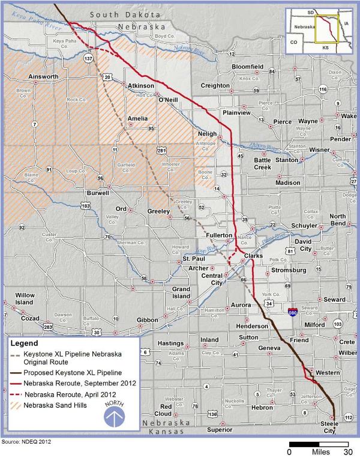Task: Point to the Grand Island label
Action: coord(181,293)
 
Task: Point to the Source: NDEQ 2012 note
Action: coord(26,442)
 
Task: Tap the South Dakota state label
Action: coord(124,13)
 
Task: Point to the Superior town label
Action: coord(219,430)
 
